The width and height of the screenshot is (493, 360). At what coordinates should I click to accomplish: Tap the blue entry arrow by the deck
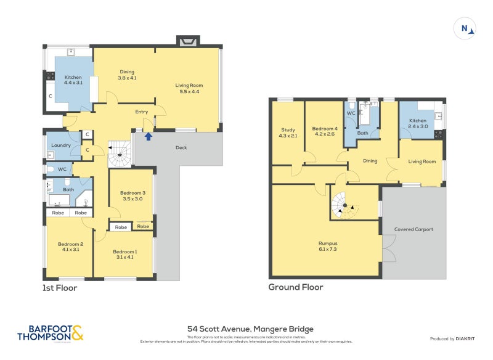148,136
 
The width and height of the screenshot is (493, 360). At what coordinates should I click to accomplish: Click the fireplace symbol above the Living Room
187,41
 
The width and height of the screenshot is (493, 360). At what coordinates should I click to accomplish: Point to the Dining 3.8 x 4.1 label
126,75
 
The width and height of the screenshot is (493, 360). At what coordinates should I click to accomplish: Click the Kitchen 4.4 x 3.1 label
73,80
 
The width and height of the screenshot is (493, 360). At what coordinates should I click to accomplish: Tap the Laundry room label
61,145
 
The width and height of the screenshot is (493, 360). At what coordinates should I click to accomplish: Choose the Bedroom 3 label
131,195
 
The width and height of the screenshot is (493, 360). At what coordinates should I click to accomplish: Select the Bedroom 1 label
125,254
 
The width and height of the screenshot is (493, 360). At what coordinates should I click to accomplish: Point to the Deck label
181,148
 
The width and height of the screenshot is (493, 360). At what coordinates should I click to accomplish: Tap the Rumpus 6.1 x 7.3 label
328,246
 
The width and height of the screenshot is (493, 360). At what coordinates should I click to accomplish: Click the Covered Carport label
414,229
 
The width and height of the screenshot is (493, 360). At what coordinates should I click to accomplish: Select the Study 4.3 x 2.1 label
288,133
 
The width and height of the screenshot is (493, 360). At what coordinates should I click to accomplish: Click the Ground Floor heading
295,287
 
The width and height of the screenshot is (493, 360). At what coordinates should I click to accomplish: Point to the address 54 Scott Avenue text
250,329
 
